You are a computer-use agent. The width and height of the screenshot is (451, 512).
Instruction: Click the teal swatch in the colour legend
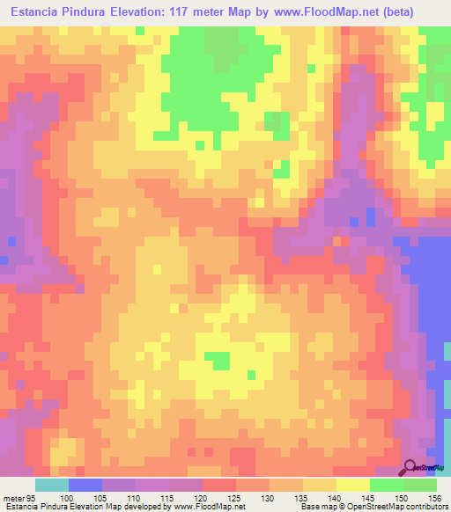coord(51,486)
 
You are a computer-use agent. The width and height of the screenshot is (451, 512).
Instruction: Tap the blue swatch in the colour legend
coord(85,486)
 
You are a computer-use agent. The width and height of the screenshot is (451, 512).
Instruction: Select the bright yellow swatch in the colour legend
coord(352,486)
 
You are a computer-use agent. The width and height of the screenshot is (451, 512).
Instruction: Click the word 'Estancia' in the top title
coord(39,10)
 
